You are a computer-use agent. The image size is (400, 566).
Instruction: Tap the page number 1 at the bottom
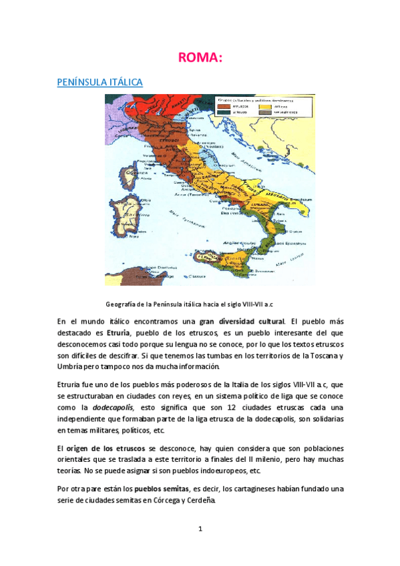click(200, 530)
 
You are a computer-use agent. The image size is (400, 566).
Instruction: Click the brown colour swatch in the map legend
click(225, 105)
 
